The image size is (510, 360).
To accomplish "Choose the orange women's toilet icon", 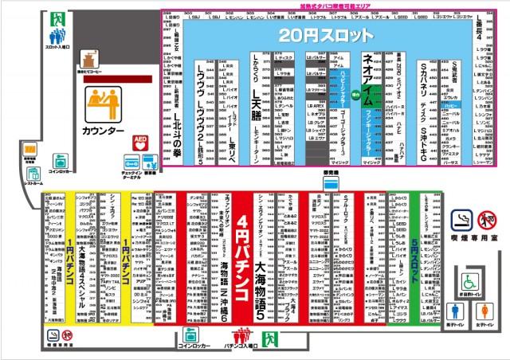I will coord(481,312).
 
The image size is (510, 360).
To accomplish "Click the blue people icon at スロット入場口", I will coord(57,36).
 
